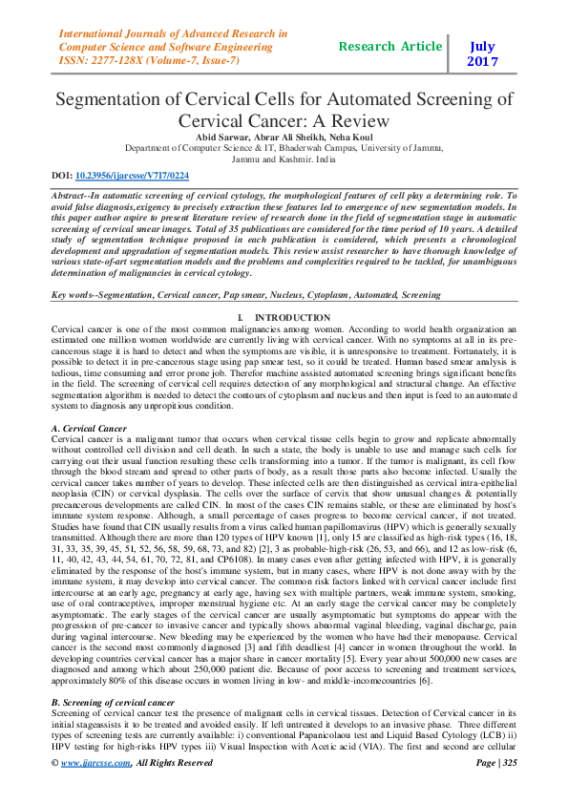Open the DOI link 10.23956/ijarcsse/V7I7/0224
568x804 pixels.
pyautogui.click(x=132, y=176)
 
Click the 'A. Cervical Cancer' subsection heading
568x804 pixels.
pyautogui.click(x=88, y=430)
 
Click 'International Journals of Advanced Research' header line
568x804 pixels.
pyautogui.click(x=174, y=33)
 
